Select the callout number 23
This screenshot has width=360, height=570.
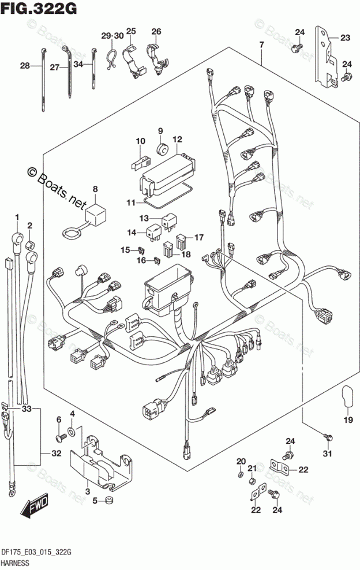[345, 38]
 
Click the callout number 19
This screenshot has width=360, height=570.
[348, 419]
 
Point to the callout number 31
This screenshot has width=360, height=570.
[328, 454]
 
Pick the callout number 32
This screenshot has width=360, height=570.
[55, 453]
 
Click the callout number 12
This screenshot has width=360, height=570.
[177, 139]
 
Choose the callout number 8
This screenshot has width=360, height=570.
[95, 189]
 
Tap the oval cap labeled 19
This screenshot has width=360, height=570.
[347, 396]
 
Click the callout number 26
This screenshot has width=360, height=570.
[156, 31]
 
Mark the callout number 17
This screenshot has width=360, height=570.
[198, 237]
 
